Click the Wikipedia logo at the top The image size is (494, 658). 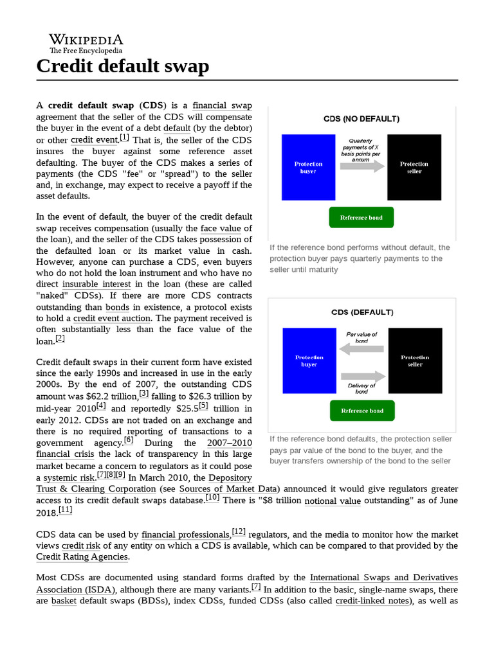(86, 42)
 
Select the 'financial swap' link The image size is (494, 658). (222, 105)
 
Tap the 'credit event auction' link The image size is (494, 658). (112, 318)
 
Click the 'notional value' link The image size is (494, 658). (332, 500)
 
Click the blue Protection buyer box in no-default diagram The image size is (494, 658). (308, 168)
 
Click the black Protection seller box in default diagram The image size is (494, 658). (415, 360)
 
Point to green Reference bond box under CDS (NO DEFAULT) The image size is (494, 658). (361, 218)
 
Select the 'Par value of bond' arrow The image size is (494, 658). (361, 349)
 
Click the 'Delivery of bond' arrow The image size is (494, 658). (361, 376)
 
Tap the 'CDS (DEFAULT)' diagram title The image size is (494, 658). (361, 312)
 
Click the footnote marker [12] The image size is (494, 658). (239, 531)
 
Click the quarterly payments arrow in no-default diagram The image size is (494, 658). (361, 166)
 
